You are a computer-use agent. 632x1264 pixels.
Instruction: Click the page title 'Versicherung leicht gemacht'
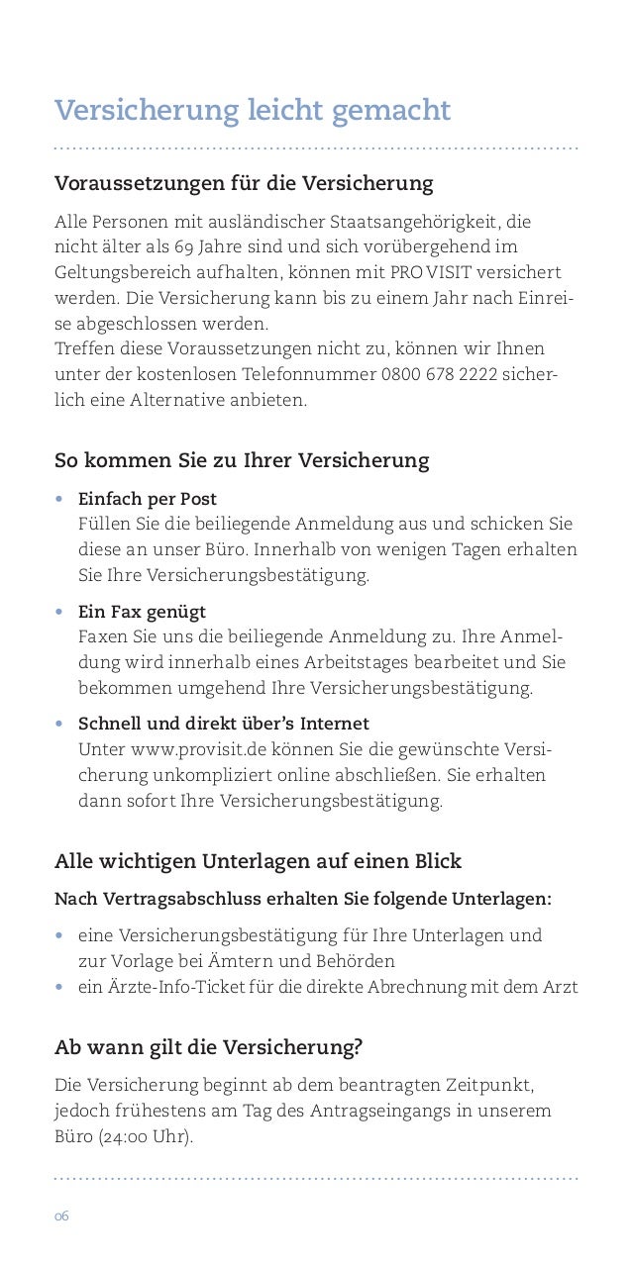coord(253,110)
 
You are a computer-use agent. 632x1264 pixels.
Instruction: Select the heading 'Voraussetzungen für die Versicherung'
coord(244,184)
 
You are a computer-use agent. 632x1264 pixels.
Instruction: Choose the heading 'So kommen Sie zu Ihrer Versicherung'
coord(242,461)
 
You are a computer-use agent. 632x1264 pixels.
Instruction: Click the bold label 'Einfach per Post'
coord(148,498)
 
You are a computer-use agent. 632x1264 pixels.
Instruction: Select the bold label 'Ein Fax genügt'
coord(142,612)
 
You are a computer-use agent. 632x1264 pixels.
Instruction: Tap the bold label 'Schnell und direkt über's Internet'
coord(224,724)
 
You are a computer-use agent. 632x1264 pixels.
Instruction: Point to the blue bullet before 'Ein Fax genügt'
coord(60,612)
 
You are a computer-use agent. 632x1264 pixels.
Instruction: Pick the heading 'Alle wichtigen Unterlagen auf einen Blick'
coord(258,861)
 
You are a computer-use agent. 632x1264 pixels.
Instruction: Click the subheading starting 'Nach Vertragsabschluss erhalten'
coord(303,899)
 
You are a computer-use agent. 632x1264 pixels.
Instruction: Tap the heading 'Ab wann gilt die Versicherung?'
coord(208,1047)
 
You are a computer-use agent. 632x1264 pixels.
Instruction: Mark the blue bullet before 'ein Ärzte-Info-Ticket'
coord(60,988)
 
